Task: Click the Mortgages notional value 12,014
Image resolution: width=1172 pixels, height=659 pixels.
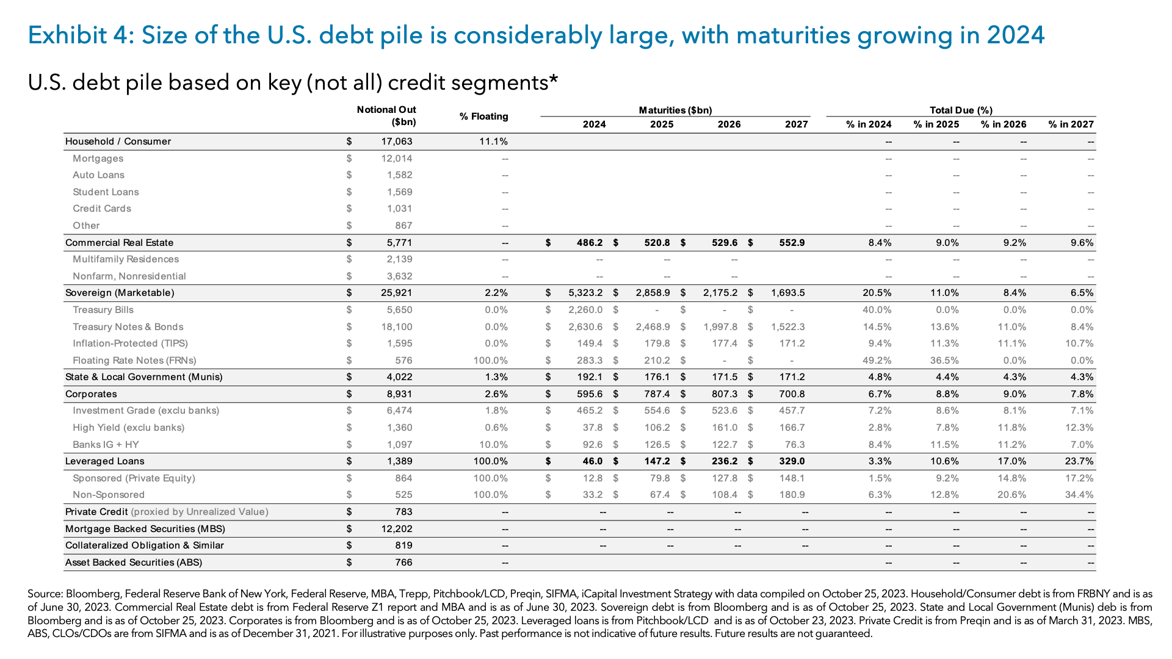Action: point(396,159)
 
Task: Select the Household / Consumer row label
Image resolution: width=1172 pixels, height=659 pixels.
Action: point(118,142)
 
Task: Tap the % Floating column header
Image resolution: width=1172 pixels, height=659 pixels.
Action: point(483,117)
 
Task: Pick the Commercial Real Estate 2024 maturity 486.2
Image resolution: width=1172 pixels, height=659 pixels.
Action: point(589,243)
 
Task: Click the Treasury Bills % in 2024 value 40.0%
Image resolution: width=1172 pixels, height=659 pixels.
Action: point(877,310)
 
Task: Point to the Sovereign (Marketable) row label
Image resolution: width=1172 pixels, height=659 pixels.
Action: point(120,293)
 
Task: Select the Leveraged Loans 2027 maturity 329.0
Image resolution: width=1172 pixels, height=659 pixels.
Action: point(792,461)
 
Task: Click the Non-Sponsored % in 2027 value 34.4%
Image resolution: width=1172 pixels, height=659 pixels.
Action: point(1079,495)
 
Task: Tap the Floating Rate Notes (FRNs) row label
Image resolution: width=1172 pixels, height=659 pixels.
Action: point(134,361)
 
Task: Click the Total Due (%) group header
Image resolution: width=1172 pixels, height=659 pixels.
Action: point(961,110)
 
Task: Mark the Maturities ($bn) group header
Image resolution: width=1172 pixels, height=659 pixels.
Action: point(675,110)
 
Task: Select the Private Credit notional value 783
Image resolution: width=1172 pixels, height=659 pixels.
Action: point(403,512)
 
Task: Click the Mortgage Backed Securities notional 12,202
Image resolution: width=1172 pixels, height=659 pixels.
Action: point(397,529)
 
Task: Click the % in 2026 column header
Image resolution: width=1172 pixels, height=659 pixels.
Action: point(1003,124)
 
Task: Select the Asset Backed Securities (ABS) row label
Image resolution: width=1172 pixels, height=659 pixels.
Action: point(133,563)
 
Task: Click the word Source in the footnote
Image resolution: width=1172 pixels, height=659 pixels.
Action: point(45,594)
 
